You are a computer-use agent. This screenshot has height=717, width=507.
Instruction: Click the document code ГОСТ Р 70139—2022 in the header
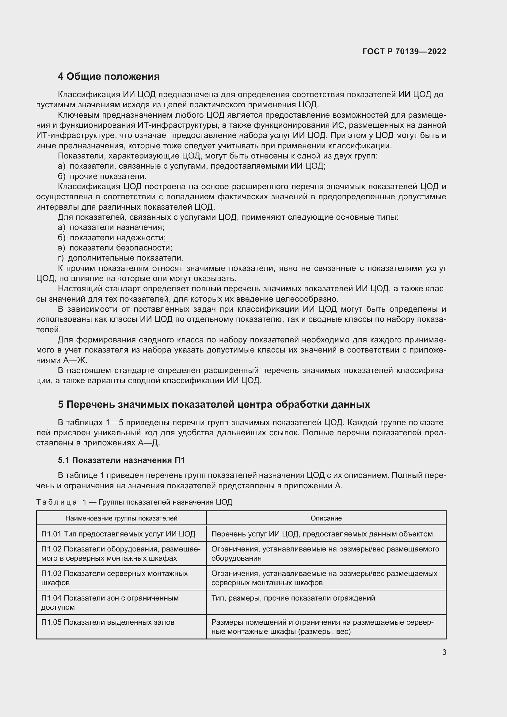pos(404,51)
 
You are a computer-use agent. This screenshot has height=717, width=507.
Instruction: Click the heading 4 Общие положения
pos(109,77)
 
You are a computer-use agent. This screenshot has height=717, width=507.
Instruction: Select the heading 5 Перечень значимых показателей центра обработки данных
pos(214,404)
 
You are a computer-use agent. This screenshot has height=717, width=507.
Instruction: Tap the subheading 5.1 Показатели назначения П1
pos(121,460)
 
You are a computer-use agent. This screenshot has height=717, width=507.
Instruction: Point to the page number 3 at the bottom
pos(444,652)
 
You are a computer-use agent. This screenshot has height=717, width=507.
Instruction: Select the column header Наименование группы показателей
pos(121,518)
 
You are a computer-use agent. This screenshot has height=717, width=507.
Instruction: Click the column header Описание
pos(326,518)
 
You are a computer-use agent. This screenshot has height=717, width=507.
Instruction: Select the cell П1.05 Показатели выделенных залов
pos(108,622)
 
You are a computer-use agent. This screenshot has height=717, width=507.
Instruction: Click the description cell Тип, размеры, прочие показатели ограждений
pos(293,598)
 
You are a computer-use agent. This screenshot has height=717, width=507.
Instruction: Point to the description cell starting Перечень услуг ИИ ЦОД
pos(322,534)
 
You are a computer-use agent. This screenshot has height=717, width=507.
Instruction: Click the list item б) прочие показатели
pos(102,177)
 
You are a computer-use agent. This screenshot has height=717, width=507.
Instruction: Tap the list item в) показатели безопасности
pos(115,248)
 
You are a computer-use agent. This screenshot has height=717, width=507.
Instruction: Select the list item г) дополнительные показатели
pos(120,258)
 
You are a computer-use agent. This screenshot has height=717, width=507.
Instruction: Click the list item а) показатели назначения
pos(111,227)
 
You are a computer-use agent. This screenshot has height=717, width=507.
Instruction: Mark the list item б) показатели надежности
pos(112,238)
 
